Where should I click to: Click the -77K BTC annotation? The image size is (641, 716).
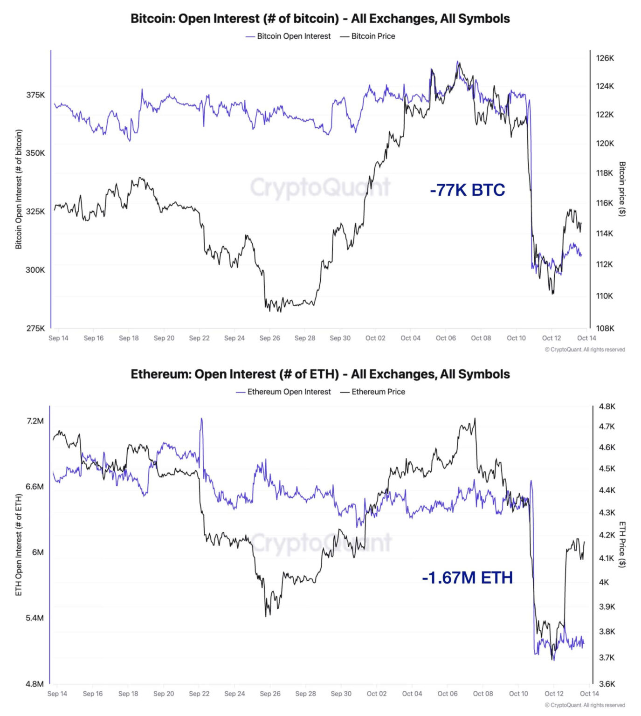tap(467, 190)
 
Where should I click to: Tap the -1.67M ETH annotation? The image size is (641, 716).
tap(467, 578)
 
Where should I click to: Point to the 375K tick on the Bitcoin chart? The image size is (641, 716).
tap(35, 95)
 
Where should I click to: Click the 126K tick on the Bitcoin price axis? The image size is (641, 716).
tap(605, 58)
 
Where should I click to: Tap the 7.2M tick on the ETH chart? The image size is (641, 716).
tap(35, 421)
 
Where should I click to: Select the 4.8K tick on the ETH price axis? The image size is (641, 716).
tap(607, 406)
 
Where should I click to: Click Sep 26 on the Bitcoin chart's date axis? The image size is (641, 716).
tap(269, 338)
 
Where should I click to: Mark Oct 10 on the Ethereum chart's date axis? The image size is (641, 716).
tap(518, 694)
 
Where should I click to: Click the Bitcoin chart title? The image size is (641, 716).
tap(320, 19)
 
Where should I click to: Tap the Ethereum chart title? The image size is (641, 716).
tap(320, 374)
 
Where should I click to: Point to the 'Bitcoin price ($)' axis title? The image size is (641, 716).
tap(622, 189)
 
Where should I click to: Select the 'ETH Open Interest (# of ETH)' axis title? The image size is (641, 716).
tap(19, 544)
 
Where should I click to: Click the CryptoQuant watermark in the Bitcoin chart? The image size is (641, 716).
tap(320, 187)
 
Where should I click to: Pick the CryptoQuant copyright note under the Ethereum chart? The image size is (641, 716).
tap(585, 705)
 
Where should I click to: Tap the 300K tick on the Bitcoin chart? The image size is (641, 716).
tap(35, 270)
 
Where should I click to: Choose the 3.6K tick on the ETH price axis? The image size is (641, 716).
tap(607, 684)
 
